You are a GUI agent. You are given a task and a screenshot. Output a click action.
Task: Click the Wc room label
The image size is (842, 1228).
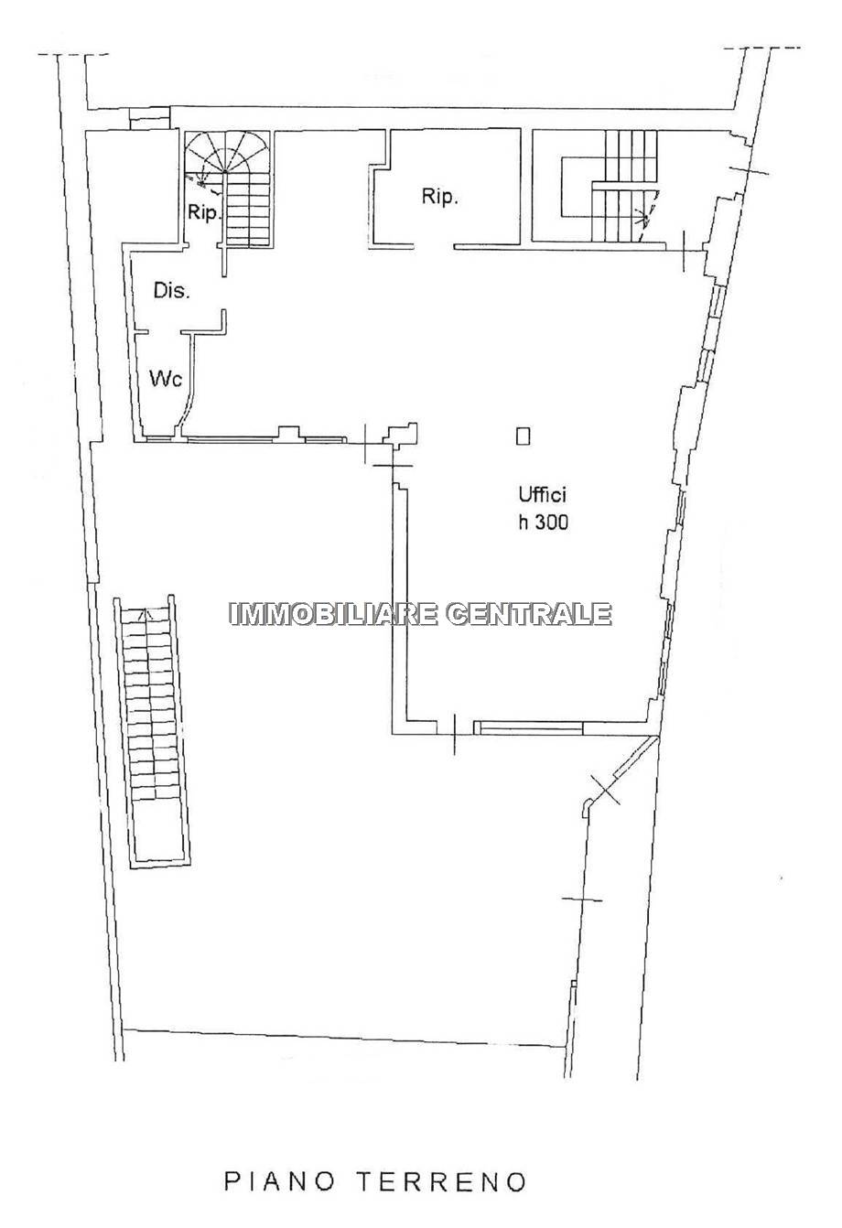166,378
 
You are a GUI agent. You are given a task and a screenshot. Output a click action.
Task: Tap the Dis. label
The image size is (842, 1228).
171,290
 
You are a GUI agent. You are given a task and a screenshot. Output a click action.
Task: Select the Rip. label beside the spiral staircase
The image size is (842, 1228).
204,212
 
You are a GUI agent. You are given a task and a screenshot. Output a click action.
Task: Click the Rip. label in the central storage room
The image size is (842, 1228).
439,196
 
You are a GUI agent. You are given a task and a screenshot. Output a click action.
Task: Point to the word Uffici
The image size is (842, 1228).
542,494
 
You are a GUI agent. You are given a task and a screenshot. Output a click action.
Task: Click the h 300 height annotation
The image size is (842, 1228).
544,522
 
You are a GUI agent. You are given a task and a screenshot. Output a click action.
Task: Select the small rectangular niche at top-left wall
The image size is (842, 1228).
150,118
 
